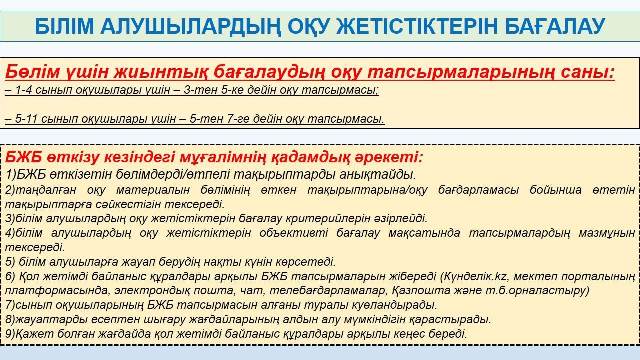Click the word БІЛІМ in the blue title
[64, 26]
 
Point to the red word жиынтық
[160, 71]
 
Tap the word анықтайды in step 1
[377, 175]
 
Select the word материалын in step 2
[153, 190]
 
